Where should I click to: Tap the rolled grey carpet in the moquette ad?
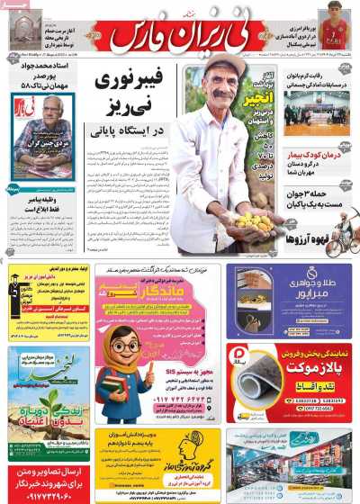pos(270,374)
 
